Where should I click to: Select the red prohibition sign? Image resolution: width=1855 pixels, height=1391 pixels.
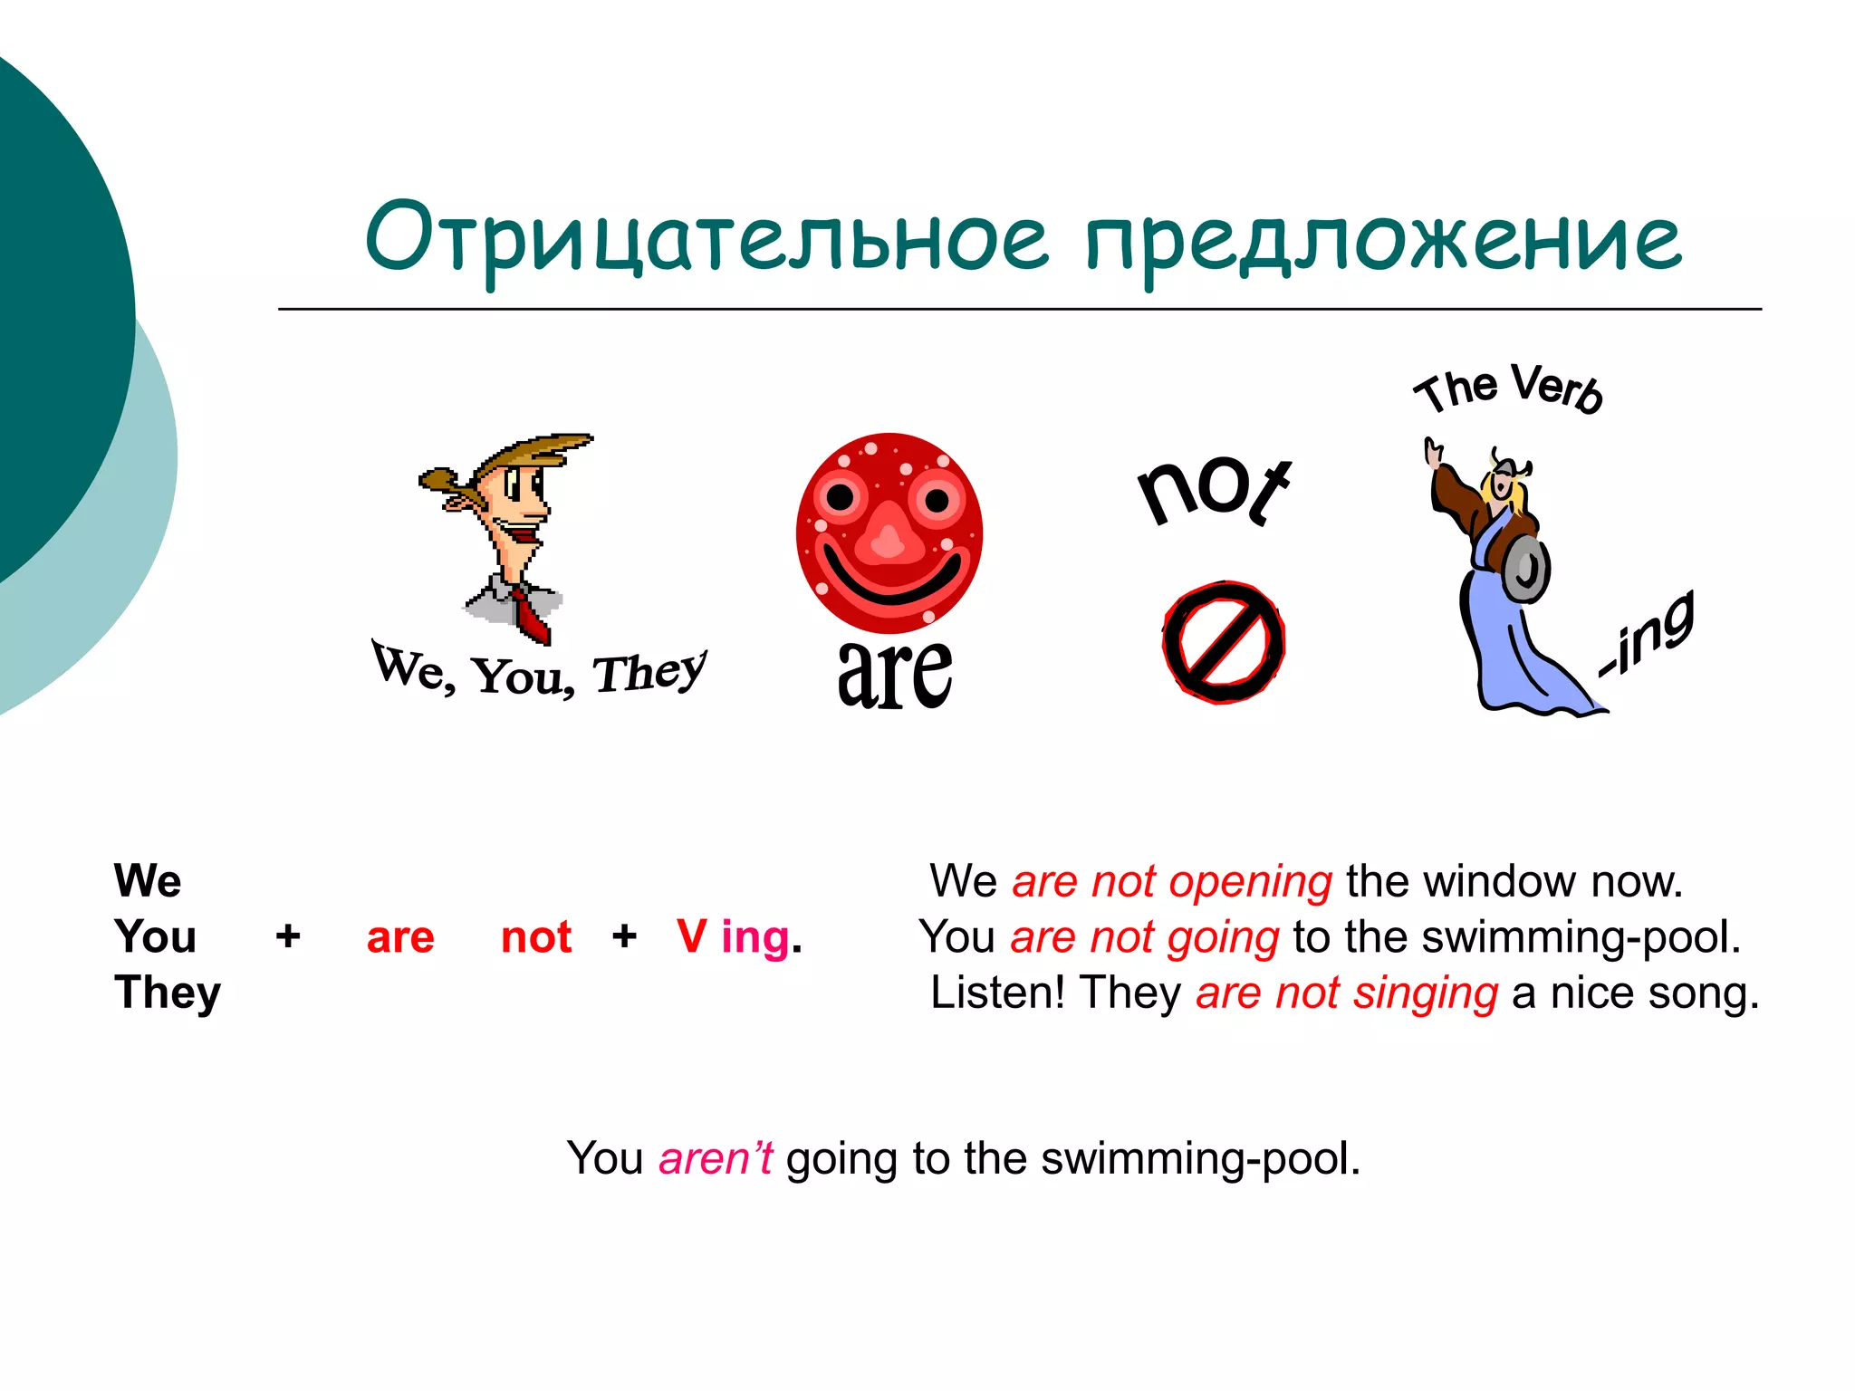1224,642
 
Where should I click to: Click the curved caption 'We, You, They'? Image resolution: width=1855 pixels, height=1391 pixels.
540,672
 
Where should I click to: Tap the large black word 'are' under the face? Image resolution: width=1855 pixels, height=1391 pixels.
894,674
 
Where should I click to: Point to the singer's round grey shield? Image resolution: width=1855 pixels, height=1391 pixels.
1526,569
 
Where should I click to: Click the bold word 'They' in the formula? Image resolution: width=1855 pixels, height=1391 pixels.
168,993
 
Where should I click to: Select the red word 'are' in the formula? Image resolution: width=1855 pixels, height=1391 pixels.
400,938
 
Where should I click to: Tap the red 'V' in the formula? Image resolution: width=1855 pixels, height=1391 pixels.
691,936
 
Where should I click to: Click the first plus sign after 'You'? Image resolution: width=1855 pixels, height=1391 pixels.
288,936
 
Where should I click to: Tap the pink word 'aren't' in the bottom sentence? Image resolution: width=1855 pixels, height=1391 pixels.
716,1158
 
